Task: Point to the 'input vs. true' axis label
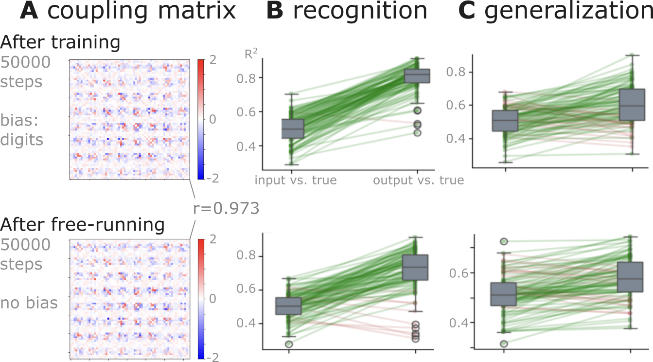[x=296, y=181]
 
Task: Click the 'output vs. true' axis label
[x=418, y=181]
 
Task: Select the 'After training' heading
[x=60, y=43]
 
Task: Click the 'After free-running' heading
[x=82, y=225]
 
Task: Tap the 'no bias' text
[x=29, y=303]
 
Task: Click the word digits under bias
[x=22, y=140]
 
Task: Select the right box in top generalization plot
[x=631, y=105]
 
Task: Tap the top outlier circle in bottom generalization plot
[x=504, y=241]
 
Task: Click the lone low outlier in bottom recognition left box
[x=288, y=344]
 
